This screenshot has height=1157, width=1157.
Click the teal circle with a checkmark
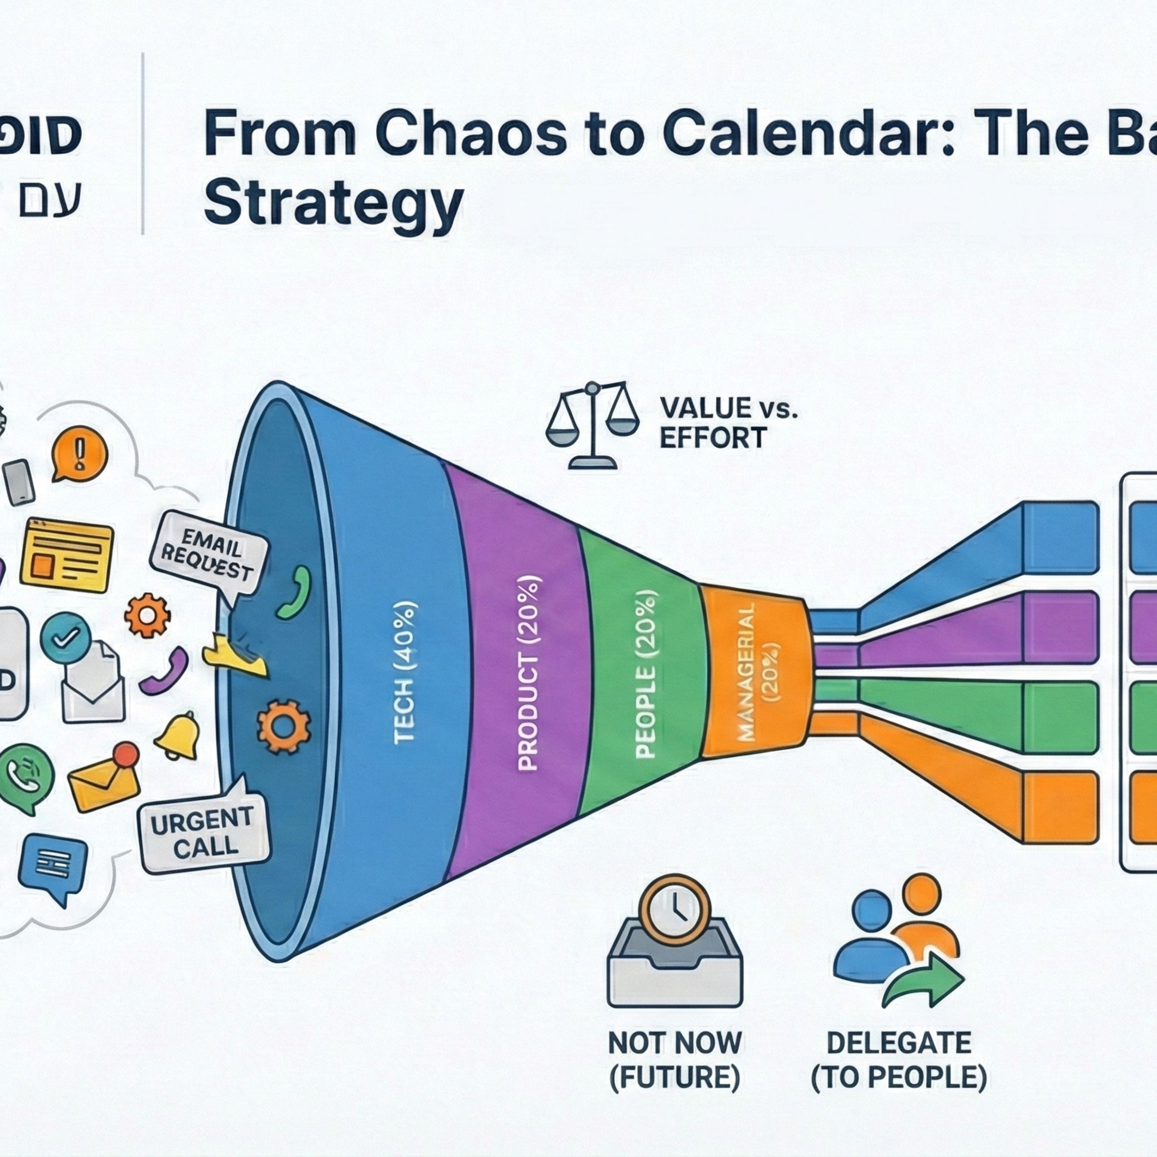[66, 638]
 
